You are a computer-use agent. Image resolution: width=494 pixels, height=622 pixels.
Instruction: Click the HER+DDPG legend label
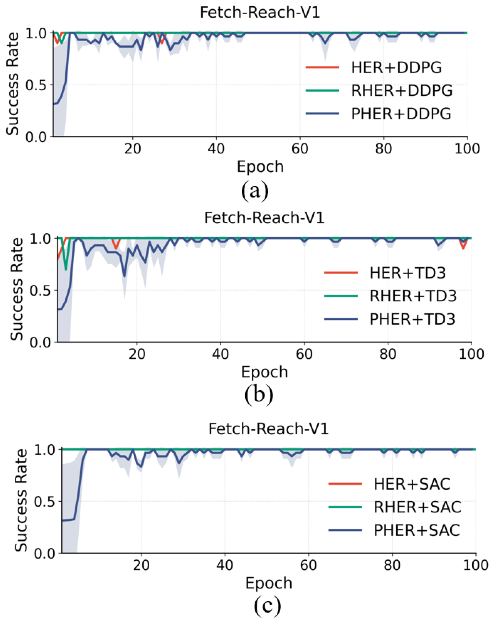(396, 68)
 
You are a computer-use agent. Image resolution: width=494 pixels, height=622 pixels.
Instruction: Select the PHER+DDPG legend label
(401, 114)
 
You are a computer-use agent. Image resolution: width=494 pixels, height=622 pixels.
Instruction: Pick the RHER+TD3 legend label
(413, 296)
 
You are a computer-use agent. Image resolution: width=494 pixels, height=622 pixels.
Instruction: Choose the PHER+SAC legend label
(417, 530)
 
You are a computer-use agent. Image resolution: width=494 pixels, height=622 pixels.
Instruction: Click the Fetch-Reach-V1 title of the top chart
(260, 13)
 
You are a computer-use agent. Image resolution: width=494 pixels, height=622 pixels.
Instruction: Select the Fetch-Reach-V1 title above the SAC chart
(268, 429)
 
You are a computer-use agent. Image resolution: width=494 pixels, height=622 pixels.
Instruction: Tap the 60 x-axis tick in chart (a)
(300, 149)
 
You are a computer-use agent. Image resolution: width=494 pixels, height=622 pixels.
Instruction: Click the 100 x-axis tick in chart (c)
(475, 565)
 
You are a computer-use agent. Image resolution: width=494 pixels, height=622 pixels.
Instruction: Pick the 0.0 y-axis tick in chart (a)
(36, 137)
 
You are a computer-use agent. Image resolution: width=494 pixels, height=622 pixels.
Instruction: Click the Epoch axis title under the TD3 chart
(264, 372)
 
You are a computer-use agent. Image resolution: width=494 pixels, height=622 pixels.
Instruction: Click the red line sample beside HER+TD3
(341, 273)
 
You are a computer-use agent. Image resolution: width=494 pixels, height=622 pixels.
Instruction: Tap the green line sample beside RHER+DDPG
(322, 91)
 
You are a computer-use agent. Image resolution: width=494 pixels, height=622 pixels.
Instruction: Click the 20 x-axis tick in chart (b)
(137, 354)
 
